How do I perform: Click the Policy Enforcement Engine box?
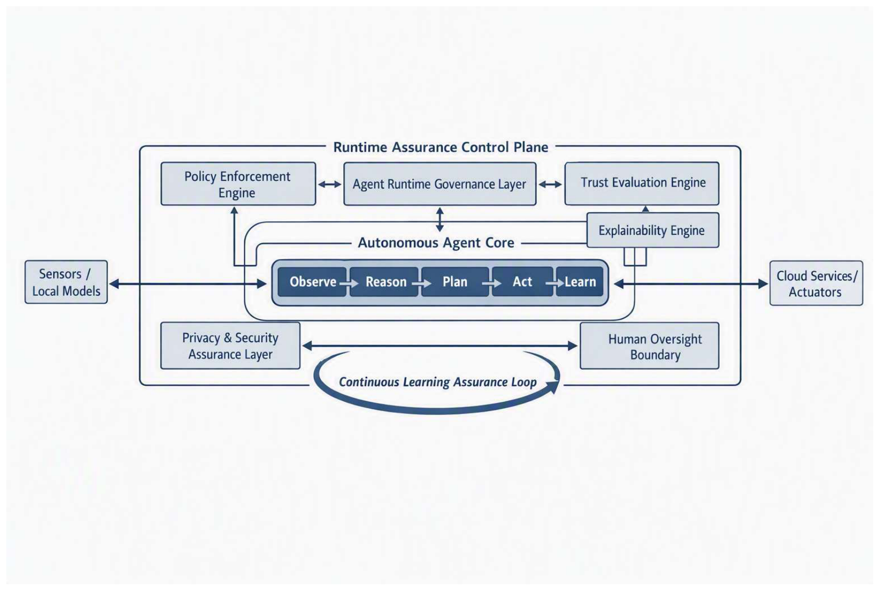pyautogui.click(x=238, y=183)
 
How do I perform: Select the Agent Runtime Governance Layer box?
pyautogui.click(x=440, y=183)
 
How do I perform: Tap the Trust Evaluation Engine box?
pyautogui.click(x=642, y=183)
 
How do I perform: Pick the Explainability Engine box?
pyautogui.click(x=653, y=230)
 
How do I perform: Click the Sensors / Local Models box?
pyautogui.click(x=66, y=282)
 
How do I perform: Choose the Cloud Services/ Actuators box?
pyautogui.click(x=816, y=283)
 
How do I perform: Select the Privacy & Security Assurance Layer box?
pyautogui.click(x=230, y=346)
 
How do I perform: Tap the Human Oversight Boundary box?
pyautogui.click(x=649, y=346)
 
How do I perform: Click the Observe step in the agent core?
pyautogui.click(x=312, y=282)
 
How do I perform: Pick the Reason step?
pyautogui.click(x=384, y=282)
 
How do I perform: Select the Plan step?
pyautogui.click(x=455, y=282)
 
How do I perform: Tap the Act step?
pyautogui.click(x=522, y=282)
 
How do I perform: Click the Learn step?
pyautogui.click(x=579, y=282)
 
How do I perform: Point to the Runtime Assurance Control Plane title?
pyautogui.click(x=441, y=147)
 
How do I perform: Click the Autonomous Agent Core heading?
pyautogui.click(x=436, y=243)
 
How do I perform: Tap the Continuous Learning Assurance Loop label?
pyautogui.click(x=437, y=382)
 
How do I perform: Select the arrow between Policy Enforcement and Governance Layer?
pyautogui.click(x=330, y=184)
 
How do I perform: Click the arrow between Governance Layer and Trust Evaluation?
pyautogui.click(x=550, y=184)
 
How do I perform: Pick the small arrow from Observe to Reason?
pyautogui.click(x=349, y=283)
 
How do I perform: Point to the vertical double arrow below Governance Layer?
pyautogui.click(x=440, y=219)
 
